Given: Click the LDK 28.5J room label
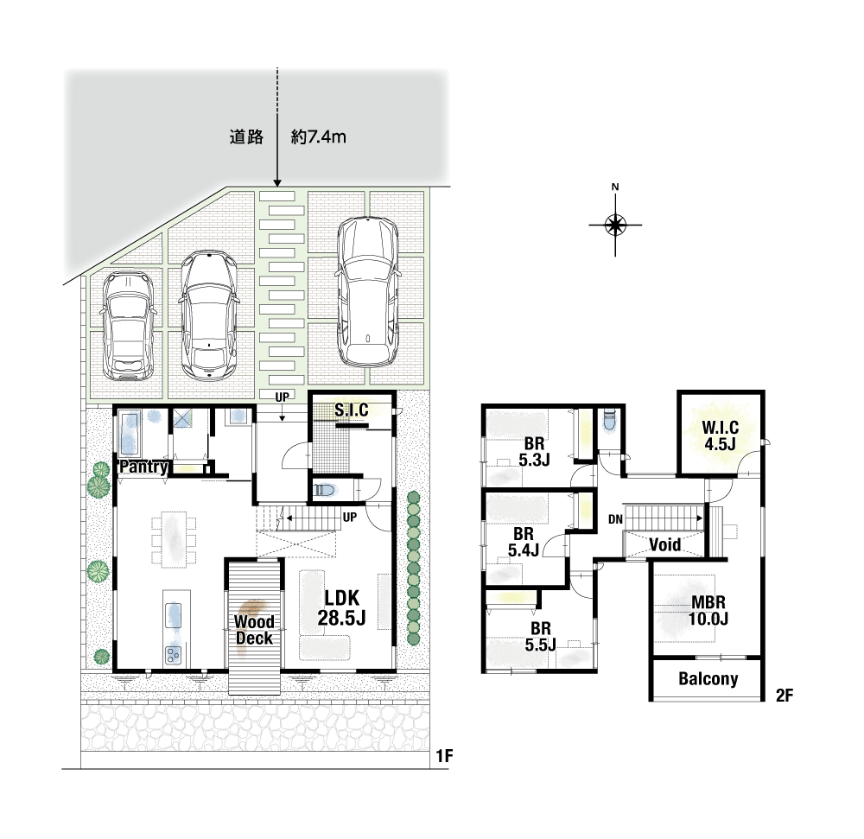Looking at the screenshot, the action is [x=341, y=607].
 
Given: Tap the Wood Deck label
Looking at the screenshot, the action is [x=254, y=630].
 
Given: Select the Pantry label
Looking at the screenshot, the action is [x=143, y=467].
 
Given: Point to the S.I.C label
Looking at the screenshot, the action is [x=352, y=410].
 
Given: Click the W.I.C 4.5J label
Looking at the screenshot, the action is [x=721, y=435].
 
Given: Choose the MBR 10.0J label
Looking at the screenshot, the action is [x=708, y=610].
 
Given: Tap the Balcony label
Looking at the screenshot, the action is [x=708, y=678].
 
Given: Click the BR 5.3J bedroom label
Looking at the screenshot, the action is [x=534, y=451].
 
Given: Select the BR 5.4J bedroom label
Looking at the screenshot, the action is [x=523, y=542].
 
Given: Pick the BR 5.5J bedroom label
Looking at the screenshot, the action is [x=541, y=636].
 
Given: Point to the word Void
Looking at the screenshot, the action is [x=664, y=545].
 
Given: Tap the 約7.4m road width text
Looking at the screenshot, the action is [x=319, y=137].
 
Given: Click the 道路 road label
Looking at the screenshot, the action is [x=246, y=137].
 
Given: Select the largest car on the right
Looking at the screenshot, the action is [x=367, y=291].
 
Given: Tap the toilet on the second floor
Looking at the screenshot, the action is [x=608, y=422].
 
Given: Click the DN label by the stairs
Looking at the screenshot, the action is [x=615, y=519].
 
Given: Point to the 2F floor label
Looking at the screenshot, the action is [x=785, y=696].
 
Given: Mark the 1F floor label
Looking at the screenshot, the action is [x=444, y=756].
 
